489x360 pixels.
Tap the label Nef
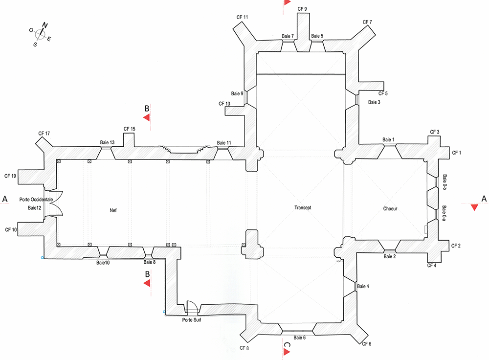point(114,210)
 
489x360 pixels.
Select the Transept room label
point(303,207)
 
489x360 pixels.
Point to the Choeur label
point(390,209)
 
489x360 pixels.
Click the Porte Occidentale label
point(36,200)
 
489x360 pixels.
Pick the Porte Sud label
point(191,320)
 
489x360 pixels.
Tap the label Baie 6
point(300,337)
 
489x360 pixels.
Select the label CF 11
point(242,18)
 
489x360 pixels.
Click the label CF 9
point(302,9)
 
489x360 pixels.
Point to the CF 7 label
point(367,22)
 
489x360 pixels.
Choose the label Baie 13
point(107,142)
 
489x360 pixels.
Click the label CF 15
point(130,129)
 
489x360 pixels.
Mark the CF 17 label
point(44,133)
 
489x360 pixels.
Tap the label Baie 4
point(363,286)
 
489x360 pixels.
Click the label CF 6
point(367,344)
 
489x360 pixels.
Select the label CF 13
point(224,104)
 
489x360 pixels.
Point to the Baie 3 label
point(374,102)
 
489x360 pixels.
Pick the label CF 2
point(456,246)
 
